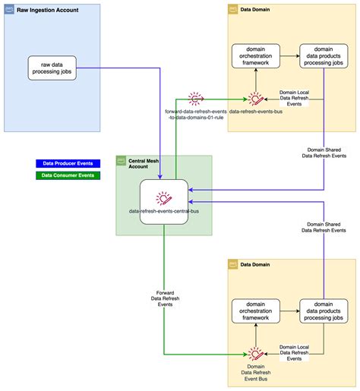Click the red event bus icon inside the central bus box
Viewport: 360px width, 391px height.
point(164,200)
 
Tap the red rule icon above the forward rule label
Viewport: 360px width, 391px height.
point(195,98)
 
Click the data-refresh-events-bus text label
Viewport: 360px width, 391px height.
point(256,111)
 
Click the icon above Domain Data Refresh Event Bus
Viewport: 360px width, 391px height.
point(256,353)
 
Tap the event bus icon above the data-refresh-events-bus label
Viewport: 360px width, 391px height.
point(256,98)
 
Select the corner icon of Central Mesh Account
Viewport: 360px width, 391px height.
point(122,161)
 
